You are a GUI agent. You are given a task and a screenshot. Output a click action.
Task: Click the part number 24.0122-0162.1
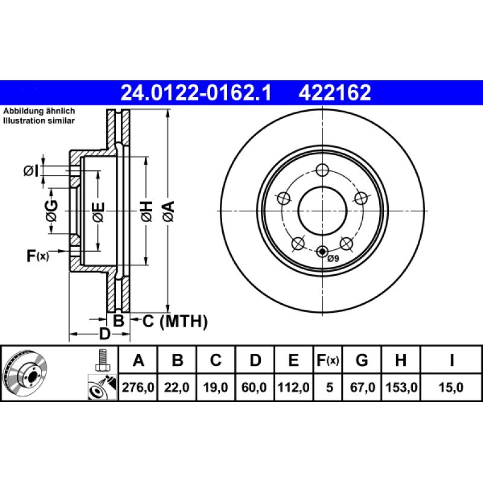pos(197,93)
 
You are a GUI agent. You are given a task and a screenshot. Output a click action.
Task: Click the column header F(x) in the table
pos(328,361)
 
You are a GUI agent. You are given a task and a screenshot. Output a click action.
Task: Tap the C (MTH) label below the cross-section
pos(175,321)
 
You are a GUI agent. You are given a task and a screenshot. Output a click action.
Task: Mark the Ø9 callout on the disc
pos(334,259)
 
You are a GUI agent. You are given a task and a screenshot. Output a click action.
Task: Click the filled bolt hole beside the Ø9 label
pos(322,252)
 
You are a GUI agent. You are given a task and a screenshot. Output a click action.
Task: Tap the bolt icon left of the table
pos(101,360)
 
